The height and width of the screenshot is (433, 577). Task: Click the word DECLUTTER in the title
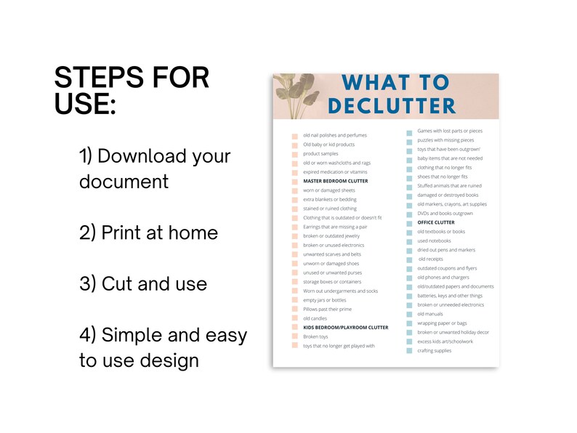tap(392, 105)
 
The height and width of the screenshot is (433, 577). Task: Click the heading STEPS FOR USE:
tap(132, 90)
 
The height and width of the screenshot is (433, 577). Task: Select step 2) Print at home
tap(148, 232)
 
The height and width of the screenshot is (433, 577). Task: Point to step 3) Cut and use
tap(143, 283)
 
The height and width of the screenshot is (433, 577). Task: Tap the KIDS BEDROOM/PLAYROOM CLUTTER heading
tap(345, 328)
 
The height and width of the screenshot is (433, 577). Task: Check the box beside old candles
tap(295, 319)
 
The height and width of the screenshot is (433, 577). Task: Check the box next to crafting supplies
tap(410, 352)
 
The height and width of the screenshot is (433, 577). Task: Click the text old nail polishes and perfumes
tap(334, 135)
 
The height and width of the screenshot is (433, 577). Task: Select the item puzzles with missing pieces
tap(445, 140)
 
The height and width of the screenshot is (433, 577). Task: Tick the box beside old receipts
tap(410, 259)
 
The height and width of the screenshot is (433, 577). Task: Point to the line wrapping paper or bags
tap(442, 323)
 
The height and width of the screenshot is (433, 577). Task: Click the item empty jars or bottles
tap(325, 300)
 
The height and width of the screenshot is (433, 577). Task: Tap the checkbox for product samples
tap(295, 154)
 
